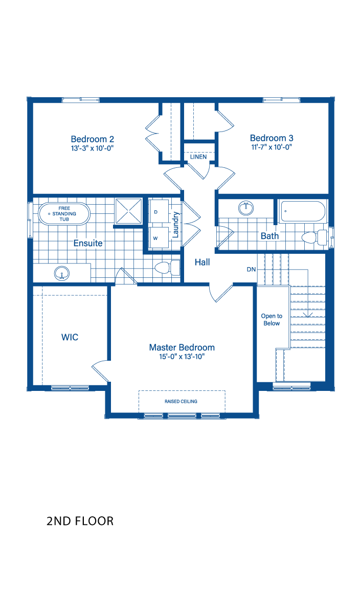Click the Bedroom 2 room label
coord(93,139)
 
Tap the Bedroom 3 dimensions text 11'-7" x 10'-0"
coord(272,147)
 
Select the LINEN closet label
coord(198,157)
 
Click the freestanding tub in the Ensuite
coord(64,214)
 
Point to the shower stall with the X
coord(129,211)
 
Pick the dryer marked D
coord(159,212)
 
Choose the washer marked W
coord(159,237)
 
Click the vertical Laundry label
coord(175,225)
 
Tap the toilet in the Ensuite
coord(167,268)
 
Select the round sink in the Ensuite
coord(62,273)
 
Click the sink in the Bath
coord(246,208)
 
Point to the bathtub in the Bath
coord(303,211)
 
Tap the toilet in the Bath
coord(314,237)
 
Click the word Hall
coord(202,262)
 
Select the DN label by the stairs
coord(251,270)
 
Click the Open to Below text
coord(272,320)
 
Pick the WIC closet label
coord(70,337)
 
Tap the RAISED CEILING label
coord(181,401)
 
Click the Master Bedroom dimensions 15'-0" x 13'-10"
coord(182,357)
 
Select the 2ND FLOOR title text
coord(80,521)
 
